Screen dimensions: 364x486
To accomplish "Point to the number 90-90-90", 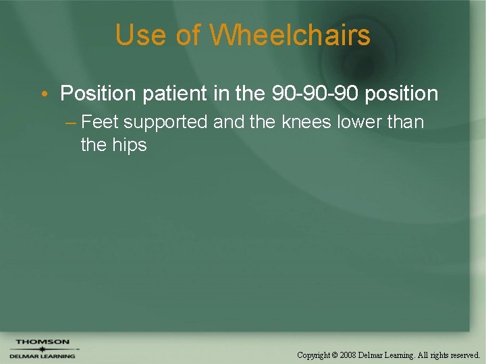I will pos(315,94).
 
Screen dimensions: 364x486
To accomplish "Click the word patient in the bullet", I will pos(176,94).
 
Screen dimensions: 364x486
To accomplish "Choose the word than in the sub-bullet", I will pos(406,123).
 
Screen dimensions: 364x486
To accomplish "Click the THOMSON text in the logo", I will pos(42,342).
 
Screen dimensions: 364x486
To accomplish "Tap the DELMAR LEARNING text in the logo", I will pos(42,356).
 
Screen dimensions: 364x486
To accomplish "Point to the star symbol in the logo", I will pos(42,348).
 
